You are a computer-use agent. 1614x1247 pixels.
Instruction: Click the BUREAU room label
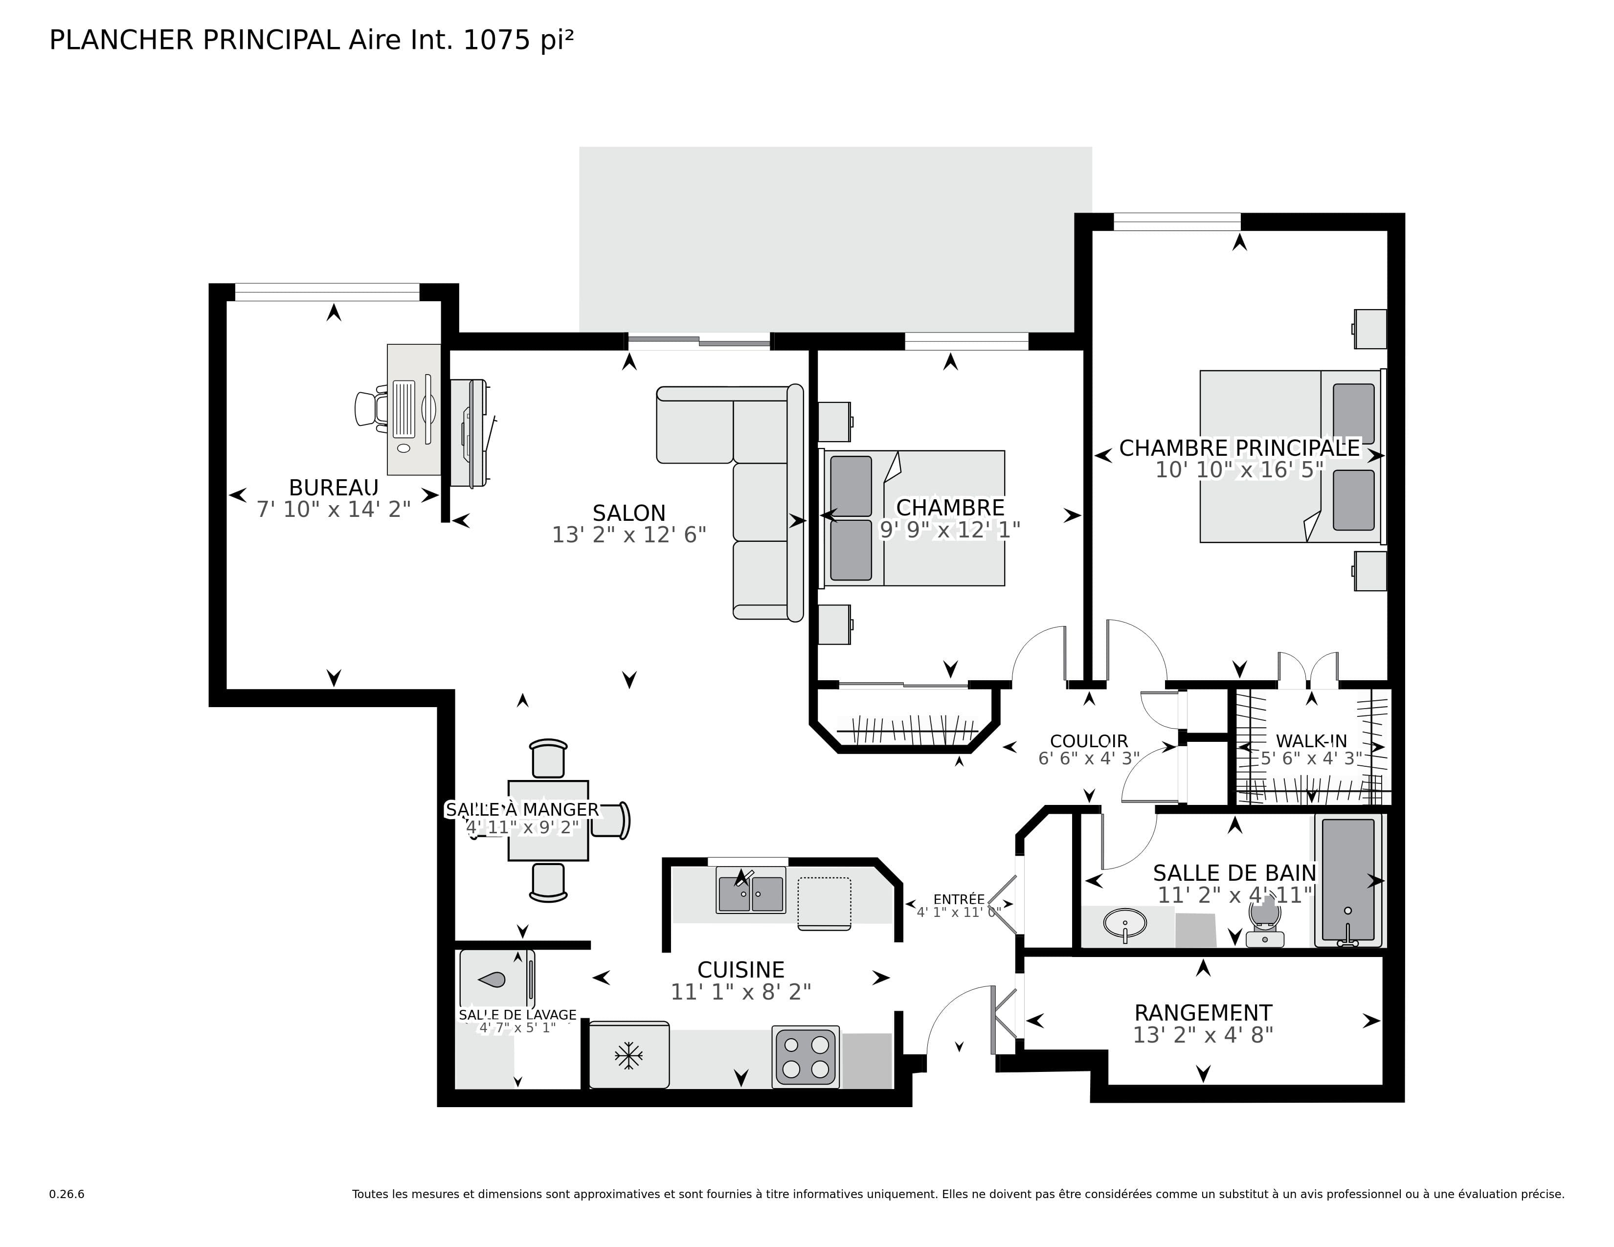(x=333, y=488)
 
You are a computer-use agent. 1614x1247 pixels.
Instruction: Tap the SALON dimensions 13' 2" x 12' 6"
(x=629, y=535)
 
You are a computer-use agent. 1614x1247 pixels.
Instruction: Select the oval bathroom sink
(x=1125, y=923)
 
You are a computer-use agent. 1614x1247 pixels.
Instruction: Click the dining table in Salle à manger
(x=548, y=821)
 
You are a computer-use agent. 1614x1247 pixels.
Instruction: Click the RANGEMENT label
(x=1203, y=1013)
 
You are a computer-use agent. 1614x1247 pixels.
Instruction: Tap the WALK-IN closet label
(x=1311, y=741)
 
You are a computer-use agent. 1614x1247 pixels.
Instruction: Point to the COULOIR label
(x=1089, y=741)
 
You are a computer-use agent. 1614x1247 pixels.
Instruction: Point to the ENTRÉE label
(x=959, y=899)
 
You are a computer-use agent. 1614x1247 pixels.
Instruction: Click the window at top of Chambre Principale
(x=1176, y=221)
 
